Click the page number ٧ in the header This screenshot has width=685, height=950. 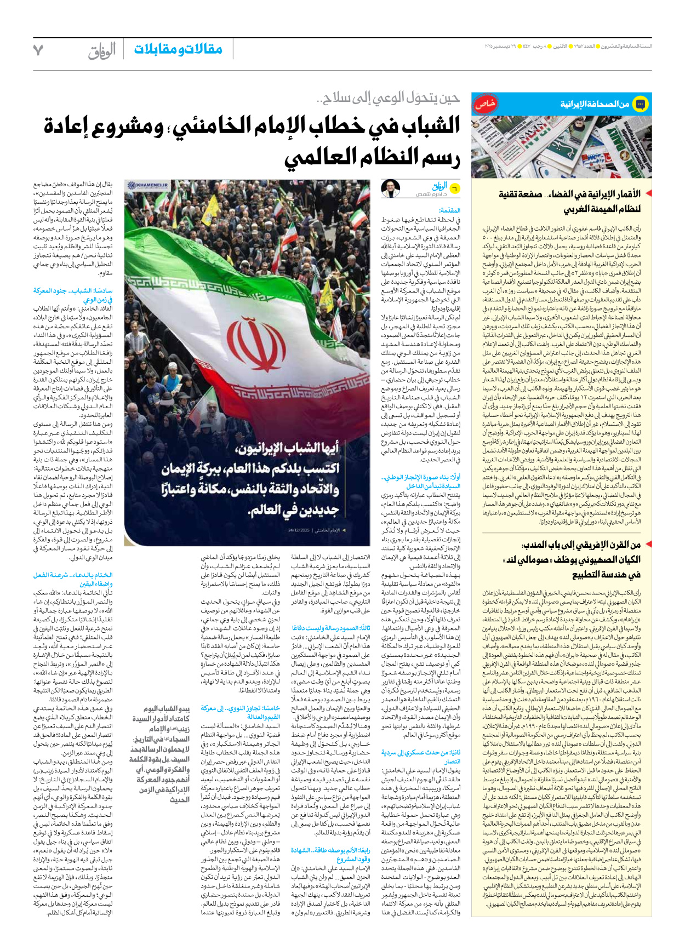coord(38,50)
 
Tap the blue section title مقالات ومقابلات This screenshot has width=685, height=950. coord(178,49)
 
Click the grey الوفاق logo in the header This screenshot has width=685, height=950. coord(102,51)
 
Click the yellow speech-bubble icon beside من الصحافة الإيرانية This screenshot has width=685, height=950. coord(640,104)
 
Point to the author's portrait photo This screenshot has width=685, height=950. coord(391,188)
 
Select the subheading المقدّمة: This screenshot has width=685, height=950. coord(449,210)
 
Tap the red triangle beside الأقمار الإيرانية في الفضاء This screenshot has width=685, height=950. coord(648,193)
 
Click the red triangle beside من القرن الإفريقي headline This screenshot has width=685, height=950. coord(648,544)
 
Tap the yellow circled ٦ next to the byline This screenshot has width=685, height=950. coord(454,188)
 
